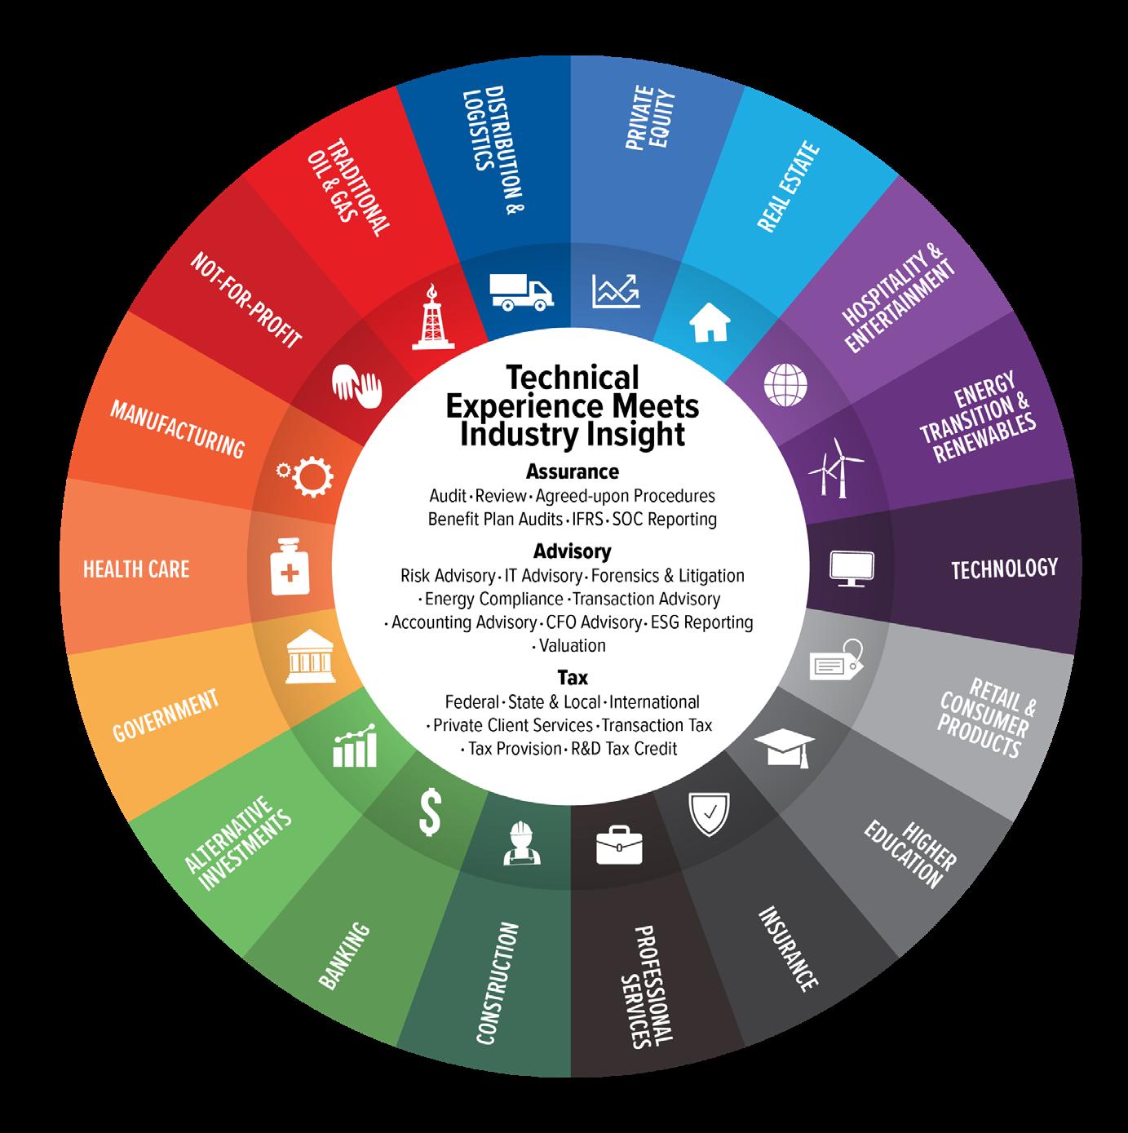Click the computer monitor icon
coord(852,568)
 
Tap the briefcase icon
coord(620,844)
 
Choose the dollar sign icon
coord(430,812)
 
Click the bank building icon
coord(309,660)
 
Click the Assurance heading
coord(572,471)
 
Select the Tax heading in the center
coord(573,678)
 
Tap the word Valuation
coord(573,646)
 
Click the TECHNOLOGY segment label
coord(1004,568)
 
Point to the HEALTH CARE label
coord(136,569)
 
